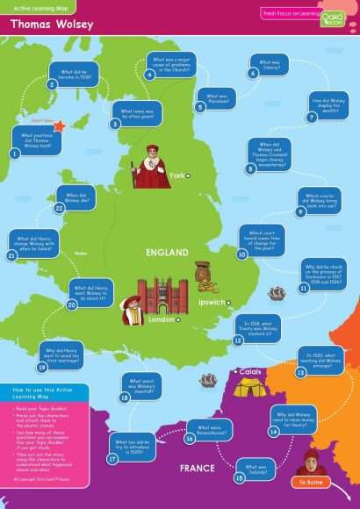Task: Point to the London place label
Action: (161, 320)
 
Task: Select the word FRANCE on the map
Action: (198, 468)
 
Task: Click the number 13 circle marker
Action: (300, 372)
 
